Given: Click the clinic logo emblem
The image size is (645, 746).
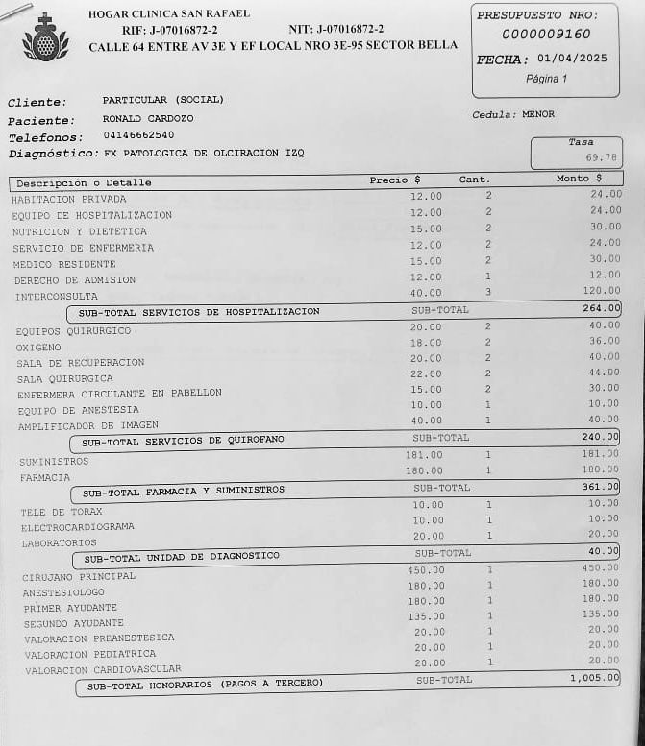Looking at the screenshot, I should (x=45, y=38).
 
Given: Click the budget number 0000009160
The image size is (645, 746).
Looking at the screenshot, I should (x=546, y=35).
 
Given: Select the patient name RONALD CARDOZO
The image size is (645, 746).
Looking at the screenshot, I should (x=148, y=118).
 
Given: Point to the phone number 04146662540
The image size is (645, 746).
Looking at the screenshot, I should (x=138, y=135).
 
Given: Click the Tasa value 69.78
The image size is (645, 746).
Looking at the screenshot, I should (x=602, y=157).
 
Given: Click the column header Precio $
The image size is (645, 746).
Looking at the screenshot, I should (x=395, y=180).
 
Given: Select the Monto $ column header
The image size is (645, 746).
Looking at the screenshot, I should (x=579, y=179).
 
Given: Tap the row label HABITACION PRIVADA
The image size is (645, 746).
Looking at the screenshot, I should (x=69, y=199).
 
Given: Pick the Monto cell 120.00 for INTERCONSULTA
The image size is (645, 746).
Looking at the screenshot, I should (x=602, y=290).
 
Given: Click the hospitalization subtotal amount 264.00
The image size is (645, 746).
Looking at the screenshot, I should (x=601, y=308).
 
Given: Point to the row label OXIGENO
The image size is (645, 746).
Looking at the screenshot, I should (x=38, y=347).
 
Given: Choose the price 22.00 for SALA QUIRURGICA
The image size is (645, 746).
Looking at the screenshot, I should (x=426, y=373).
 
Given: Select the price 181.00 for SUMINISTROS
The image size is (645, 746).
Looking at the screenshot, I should (x=424, y=455).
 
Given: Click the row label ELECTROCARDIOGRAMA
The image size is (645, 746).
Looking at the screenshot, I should (x=78, y=527).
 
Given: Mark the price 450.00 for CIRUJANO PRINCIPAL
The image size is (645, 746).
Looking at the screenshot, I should (x=427, y=569).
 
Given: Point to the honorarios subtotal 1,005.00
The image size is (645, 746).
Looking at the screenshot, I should (x=594, y=678).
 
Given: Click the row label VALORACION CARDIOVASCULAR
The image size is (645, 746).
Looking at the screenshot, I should (x=103, y=669).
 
